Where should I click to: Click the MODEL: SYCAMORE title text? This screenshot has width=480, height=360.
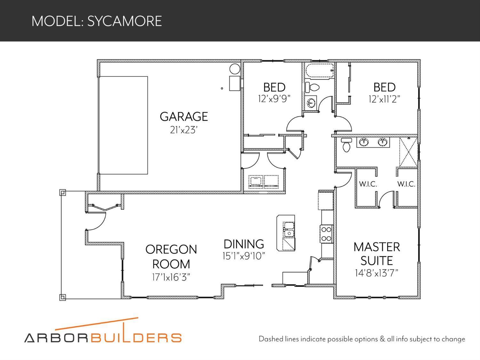pyautogui.click(x=97, y=21)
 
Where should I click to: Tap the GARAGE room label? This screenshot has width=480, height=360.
pyautogui.click(x=184, y=117)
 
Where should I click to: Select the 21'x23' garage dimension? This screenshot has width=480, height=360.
pyautogui.click(x=184, y=130)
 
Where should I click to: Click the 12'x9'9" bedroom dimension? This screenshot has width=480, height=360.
pyautogui.click(x=274, y=99)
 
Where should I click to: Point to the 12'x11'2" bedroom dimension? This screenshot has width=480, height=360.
pyautogui.click(x=384, y=99)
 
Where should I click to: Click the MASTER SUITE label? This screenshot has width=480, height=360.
pyautogui.click(x=377, y=254)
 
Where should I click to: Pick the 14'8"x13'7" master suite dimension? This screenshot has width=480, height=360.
pyautogui.click(x=377, y=273)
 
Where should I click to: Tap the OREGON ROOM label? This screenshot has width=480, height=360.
pyautogui.click(x=171, y=257)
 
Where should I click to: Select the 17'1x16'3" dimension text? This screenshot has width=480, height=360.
pyautogui.click(x=171, y=277)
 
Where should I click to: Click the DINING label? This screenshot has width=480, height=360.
pyautogui.click(x=244, y=244)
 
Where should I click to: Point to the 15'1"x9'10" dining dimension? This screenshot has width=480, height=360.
pyautogui.click(x=244, y=256)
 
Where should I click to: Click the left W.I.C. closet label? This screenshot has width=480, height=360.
pyautogui.click(x=368, y=184)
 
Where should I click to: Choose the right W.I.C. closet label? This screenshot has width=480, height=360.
pyautogui.click(x=406, y=184)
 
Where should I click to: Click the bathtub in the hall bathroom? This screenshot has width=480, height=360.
pyautogui.click(x=320, y=71)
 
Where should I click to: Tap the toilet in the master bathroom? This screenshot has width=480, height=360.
pyautogui.click(x=346, y=145)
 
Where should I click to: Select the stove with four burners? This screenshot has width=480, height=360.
pyautogui.click(x=326, y=234)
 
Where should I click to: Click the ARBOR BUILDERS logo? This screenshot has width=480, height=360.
pyautogui.click(x=103, y=333)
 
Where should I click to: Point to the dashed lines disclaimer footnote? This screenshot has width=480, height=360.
pyautogui.click(x=362, y=339)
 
